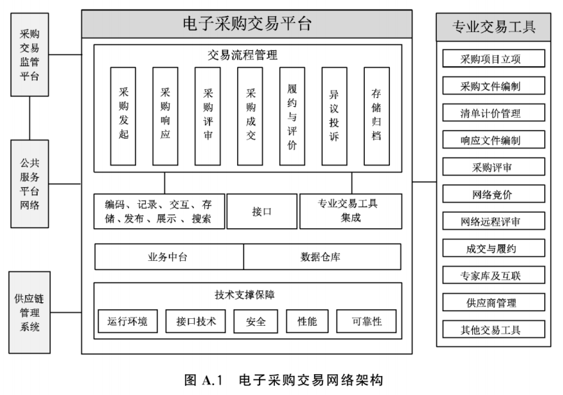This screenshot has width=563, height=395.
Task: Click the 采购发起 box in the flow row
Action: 123,115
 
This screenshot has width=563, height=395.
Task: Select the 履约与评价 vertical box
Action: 292,115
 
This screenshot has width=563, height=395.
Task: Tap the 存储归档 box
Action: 376,115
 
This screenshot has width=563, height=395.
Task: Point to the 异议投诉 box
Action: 334,115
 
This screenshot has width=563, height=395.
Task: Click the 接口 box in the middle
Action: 262,211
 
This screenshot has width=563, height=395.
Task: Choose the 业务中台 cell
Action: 168,257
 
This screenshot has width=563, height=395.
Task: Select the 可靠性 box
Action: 366,321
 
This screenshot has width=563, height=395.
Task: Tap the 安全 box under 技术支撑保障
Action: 251,321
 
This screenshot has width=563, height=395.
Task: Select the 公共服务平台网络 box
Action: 29,184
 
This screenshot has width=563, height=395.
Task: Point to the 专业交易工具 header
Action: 494,27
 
